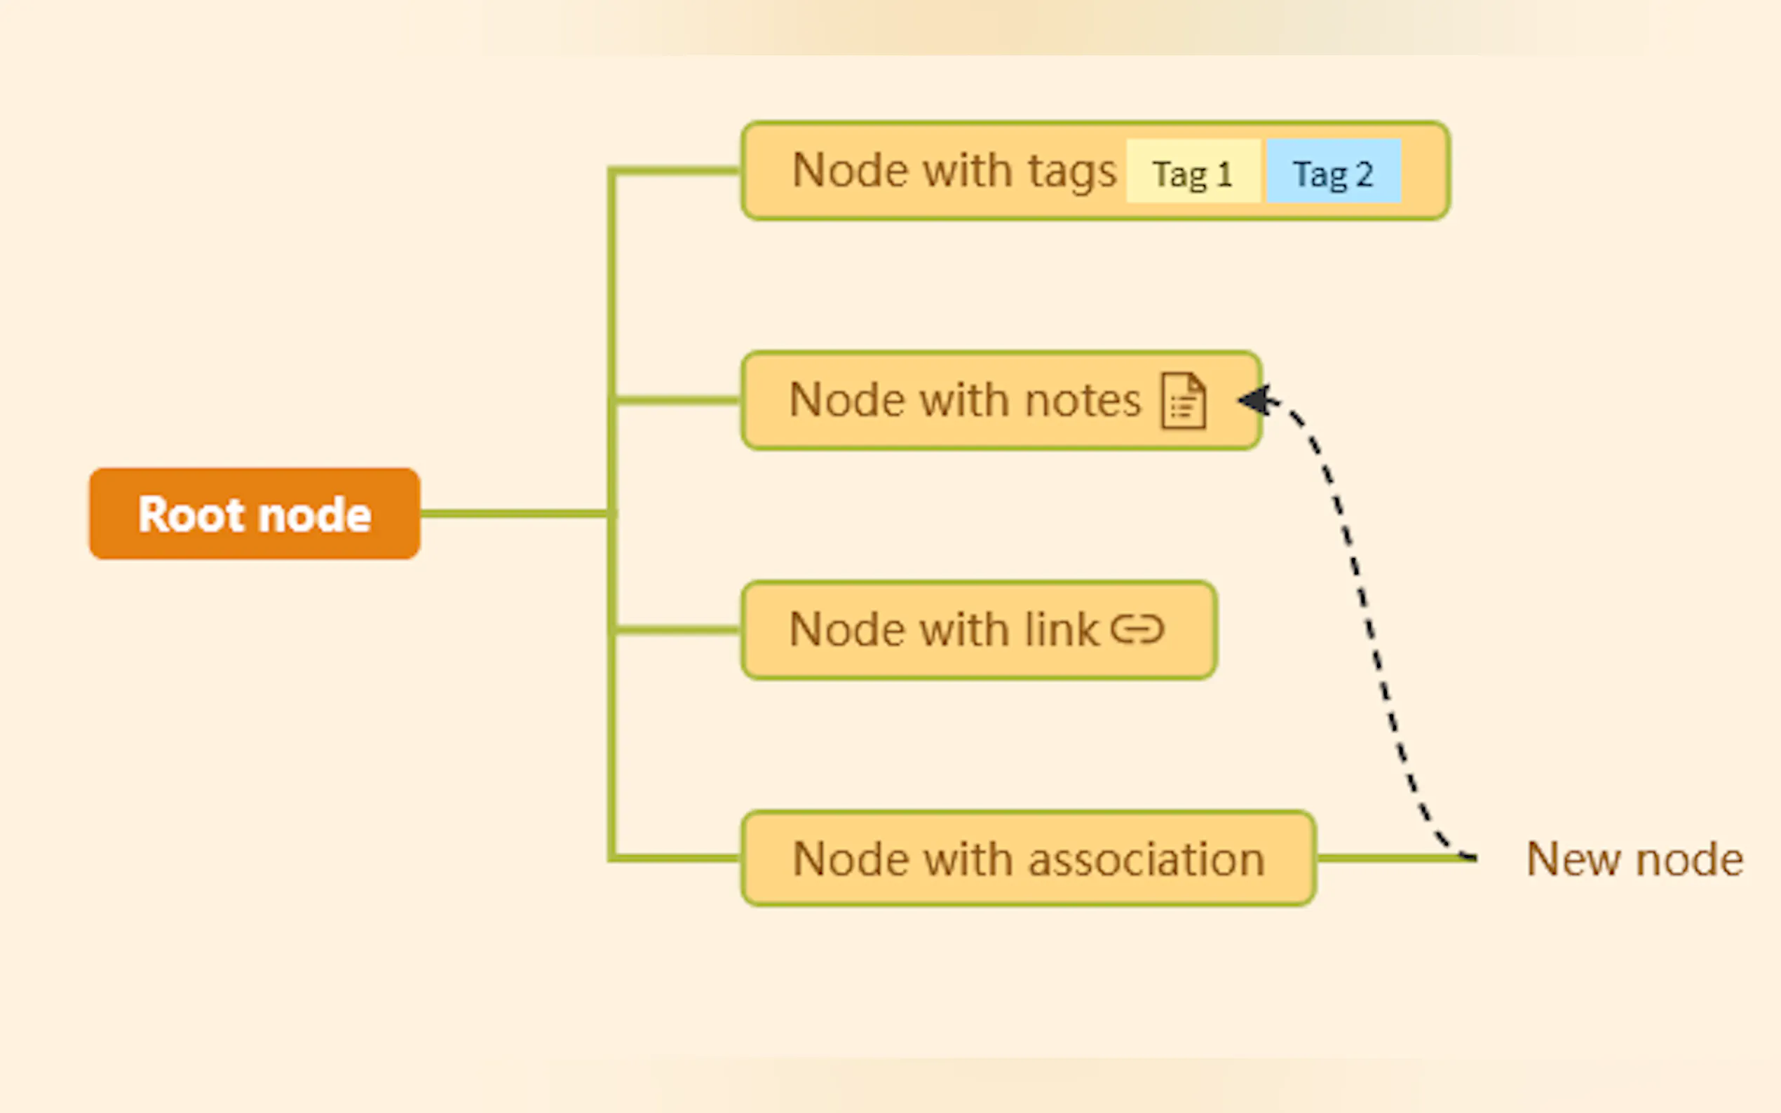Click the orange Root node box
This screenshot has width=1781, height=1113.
pyautogui.click(x=254, y=514)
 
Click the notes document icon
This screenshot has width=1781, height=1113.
pyautogui.click(x=1183, y=401)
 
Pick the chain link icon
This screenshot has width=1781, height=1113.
pyautogui.click(x=1137, y=629)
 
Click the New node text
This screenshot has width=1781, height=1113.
pyautogui.click(x=1634, y=859)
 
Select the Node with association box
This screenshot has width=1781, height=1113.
pyautogui.click(x=1028, y=859)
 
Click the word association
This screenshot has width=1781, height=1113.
pyautogui.click(x=1146, y=859)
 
